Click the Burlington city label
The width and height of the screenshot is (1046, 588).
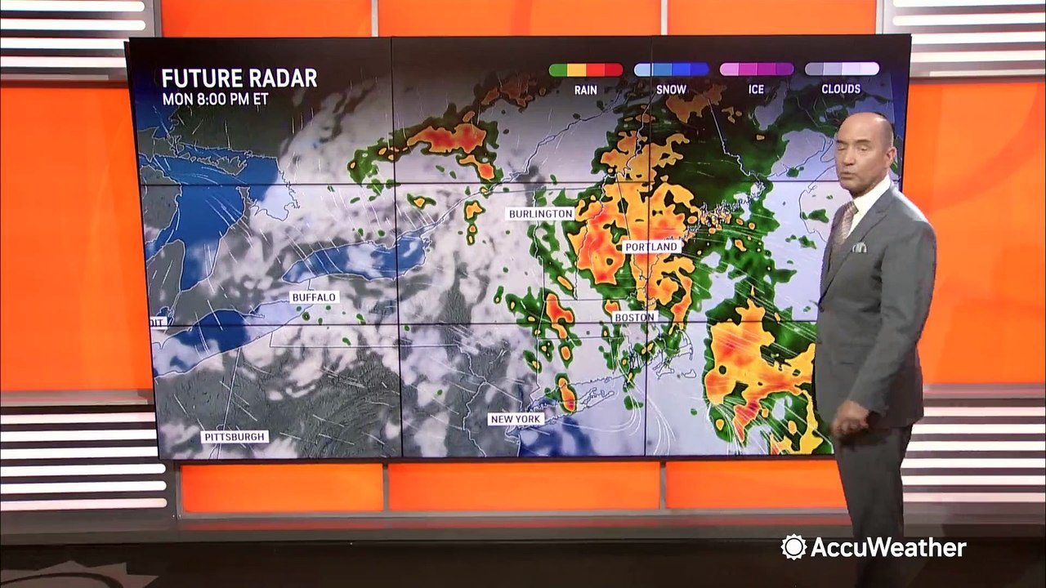point(540,214)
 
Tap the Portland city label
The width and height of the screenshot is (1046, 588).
point(650,247)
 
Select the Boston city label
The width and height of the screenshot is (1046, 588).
point(634,317)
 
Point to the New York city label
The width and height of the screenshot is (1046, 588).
point(516,419)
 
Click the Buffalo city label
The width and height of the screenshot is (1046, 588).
point(314,297)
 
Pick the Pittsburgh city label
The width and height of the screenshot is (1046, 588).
point(235,437)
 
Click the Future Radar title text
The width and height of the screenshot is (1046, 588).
point(239,78)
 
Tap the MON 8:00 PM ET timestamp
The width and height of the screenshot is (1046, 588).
point(215,100)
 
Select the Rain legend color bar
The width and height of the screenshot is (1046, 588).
point(585,69)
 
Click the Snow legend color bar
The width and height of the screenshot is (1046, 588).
point(671,69)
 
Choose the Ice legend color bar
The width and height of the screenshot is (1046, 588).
point(756,69)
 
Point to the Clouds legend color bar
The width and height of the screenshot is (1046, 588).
point(842,69)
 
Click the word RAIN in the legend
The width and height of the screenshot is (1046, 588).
point(585,89)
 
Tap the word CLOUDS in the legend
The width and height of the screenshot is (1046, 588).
point(842,89)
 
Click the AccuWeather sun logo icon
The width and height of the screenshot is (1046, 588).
point(793,547)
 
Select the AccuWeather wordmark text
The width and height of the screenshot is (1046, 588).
point(887,547)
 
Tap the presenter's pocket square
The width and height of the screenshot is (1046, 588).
point(858,247)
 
